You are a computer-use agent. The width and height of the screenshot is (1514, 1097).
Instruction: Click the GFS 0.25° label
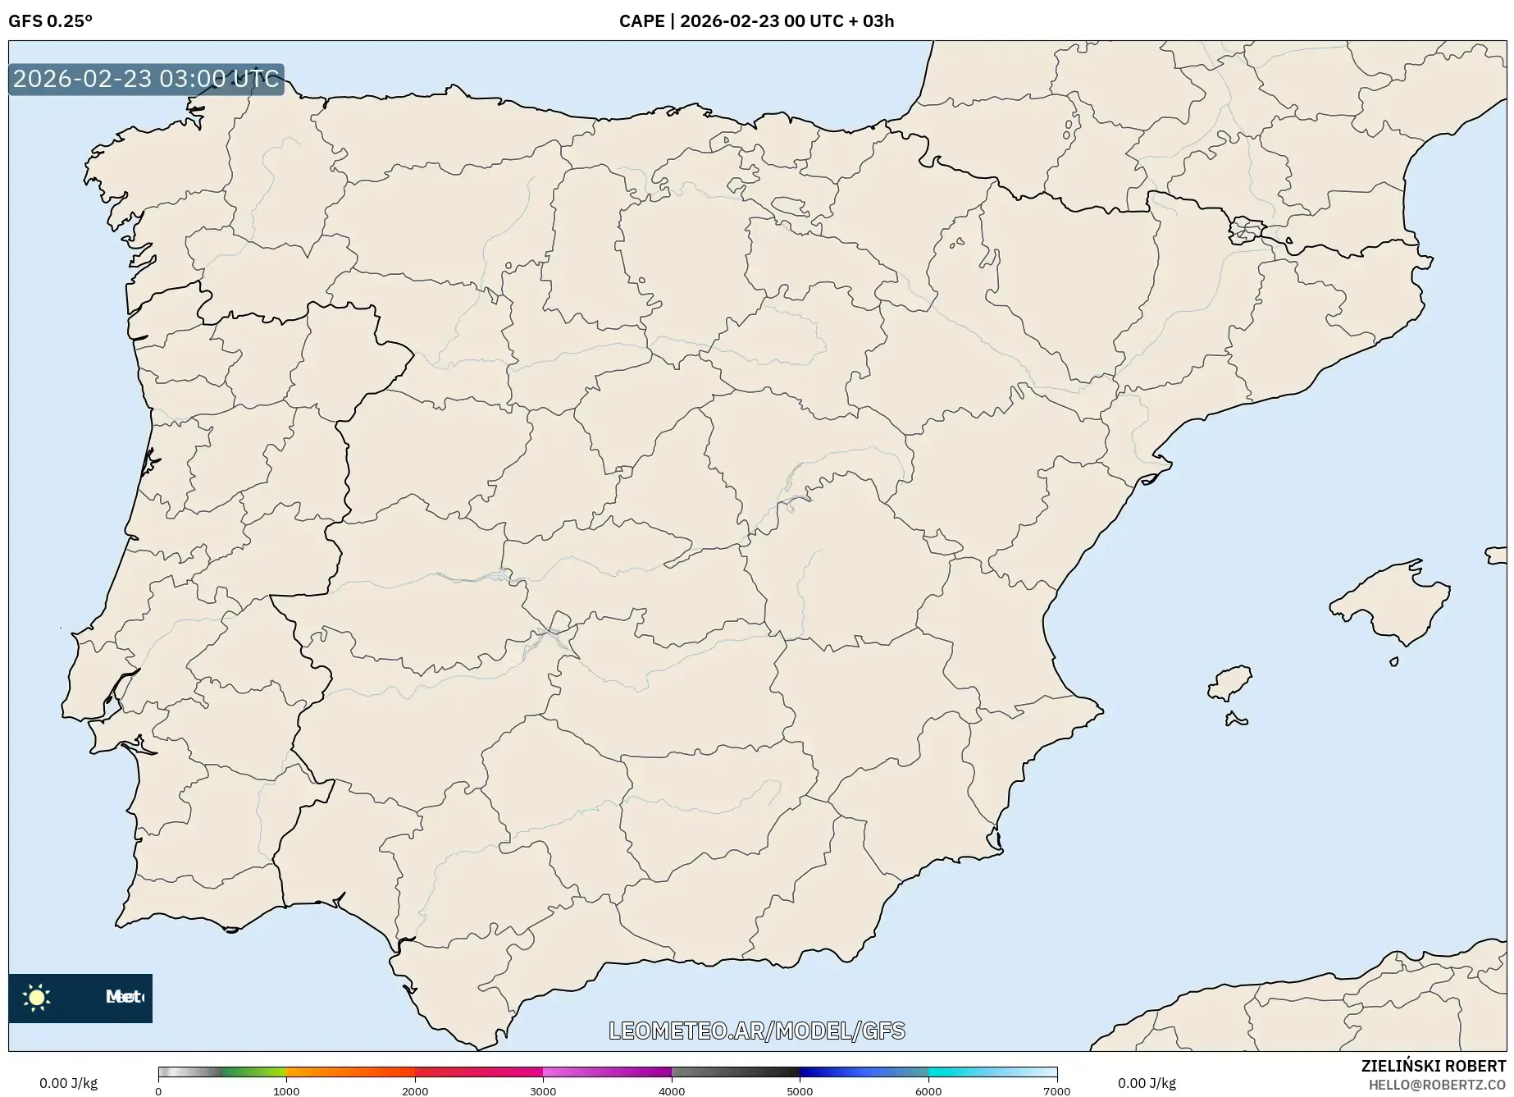[50, 21]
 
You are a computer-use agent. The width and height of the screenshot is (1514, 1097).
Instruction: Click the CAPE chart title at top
[756, 21]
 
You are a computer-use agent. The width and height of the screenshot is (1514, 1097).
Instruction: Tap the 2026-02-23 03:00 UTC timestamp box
[146, 79]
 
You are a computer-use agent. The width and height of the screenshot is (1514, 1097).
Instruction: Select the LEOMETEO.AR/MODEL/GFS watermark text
[756, 1031]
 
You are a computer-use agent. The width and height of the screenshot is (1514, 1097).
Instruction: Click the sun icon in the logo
[37, 998]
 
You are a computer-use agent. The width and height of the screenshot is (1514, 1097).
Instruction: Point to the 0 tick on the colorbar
[158, 1091]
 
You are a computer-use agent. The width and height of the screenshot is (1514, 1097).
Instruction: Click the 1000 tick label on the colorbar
[286, 1091]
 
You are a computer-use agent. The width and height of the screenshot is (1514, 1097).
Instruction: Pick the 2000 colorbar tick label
[415, 1091]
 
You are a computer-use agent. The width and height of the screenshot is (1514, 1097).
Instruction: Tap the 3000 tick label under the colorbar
[543, 1091]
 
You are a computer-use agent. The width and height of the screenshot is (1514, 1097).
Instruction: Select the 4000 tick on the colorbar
[672, 1091]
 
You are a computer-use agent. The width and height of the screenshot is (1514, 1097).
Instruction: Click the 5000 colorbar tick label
[800, 1091]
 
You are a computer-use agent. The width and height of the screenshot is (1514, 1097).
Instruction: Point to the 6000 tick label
[928, 1091]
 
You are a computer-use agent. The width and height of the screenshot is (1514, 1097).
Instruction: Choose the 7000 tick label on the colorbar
[1056, 1091]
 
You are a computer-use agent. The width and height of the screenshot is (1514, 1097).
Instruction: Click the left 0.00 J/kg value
[68, 1083]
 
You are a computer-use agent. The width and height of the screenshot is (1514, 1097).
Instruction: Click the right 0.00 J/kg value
[1147, 1083]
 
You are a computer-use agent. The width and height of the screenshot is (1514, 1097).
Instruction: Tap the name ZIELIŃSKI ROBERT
[1433, 1066]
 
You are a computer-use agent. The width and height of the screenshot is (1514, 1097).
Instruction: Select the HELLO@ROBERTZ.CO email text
[1437, 1085]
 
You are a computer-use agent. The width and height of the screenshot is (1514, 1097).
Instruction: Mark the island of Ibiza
[1230, 683]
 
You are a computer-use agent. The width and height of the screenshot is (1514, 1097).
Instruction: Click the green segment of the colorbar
[254, 1072]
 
